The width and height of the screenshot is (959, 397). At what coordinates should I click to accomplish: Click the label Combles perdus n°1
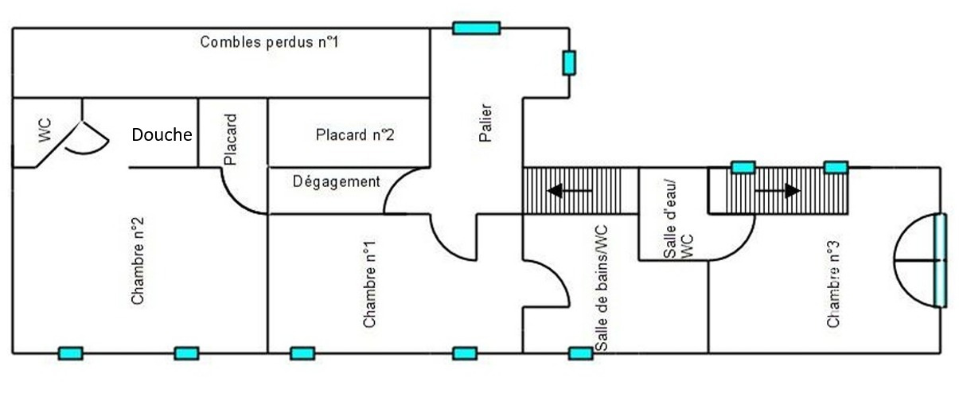tap(269, 42)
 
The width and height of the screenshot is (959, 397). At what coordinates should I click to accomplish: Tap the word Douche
tap(162, 134)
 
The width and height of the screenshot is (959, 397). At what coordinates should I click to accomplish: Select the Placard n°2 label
tap(354, 134)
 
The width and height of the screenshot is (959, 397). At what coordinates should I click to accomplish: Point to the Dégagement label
tap(336, 182)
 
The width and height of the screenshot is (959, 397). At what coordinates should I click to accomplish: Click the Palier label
tap(485, 123)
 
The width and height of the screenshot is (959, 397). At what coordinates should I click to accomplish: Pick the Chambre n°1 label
tap(369, 284)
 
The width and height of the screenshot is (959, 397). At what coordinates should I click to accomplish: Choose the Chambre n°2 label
tap(138, 261)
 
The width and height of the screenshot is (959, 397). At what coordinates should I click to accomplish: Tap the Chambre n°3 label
tap(833, 284)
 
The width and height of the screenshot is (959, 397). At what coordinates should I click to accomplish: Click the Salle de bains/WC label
tap(601, 288)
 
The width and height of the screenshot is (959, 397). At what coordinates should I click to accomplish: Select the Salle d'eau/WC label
tap(678, 220)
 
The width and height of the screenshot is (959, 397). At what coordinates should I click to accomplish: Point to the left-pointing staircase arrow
tap(570, 190)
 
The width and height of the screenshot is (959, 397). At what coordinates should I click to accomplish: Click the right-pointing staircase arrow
tap(778, 190)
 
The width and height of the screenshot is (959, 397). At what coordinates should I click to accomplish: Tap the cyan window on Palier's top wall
tap(477, 28)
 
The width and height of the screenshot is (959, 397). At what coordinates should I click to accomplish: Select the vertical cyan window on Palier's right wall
tap(569, 63)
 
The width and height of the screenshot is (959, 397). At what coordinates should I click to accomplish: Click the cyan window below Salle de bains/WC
tap(581, 353)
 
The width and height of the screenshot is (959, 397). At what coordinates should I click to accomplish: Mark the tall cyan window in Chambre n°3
tap(940, 260)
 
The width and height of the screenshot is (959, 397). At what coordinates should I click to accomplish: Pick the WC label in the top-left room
tap(45, 130)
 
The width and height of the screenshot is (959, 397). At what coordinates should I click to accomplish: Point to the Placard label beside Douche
tap(230, 139)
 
